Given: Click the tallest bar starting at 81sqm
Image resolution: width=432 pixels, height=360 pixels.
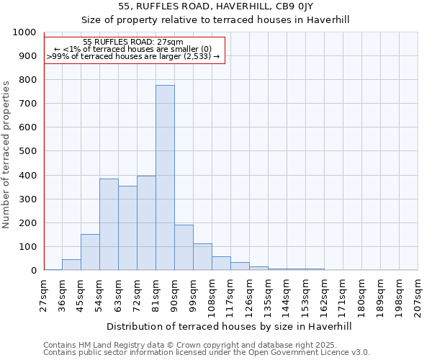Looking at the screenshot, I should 165,178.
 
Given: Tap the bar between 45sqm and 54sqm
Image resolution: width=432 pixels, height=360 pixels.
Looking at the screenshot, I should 90,252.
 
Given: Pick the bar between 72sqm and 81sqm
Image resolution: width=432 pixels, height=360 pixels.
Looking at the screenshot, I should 146,223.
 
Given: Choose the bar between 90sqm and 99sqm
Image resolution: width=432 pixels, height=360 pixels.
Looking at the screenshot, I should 184,248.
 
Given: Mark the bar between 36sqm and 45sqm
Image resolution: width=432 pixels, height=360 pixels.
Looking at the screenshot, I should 71,265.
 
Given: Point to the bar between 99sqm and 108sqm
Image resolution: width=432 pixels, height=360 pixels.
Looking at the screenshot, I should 202,257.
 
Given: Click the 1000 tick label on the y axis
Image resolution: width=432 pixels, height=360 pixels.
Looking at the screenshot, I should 24,32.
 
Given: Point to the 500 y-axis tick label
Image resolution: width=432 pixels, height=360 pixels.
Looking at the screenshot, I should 27,151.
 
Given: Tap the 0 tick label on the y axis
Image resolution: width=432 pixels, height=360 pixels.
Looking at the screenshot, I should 33,271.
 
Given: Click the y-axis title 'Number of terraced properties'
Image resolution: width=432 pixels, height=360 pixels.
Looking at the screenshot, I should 6,154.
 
